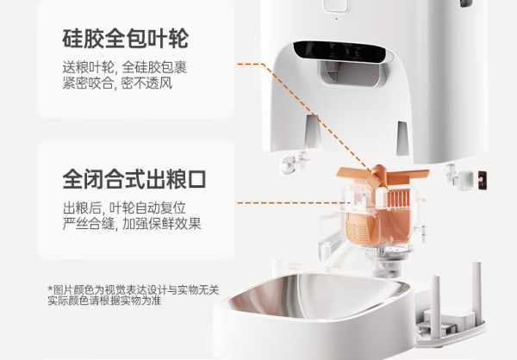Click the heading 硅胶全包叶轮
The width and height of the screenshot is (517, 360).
125,39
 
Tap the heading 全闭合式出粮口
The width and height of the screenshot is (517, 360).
134,179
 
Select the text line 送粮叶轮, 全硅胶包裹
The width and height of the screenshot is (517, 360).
125,67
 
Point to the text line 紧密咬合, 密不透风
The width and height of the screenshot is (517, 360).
117,83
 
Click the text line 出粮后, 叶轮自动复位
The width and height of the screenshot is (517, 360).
124,208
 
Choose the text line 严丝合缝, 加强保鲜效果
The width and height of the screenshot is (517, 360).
132,224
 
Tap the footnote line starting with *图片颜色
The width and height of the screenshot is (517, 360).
134,290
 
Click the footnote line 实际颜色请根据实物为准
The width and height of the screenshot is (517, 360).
104,301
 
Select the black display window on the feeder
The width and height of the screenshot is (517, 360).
339,52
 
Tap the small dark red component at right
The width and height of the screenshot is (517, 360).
483,180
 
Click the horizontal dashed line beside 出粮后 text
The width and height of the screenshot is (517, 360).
294,203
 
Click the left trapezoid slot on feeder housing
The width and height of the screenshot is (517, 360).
312,131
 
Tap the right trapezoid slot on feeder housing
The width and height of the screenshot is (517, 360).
402,138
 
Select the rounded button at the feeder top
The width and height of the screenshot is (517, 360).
336,6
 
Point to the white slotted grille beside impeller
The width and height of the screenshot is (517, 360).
398,198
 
